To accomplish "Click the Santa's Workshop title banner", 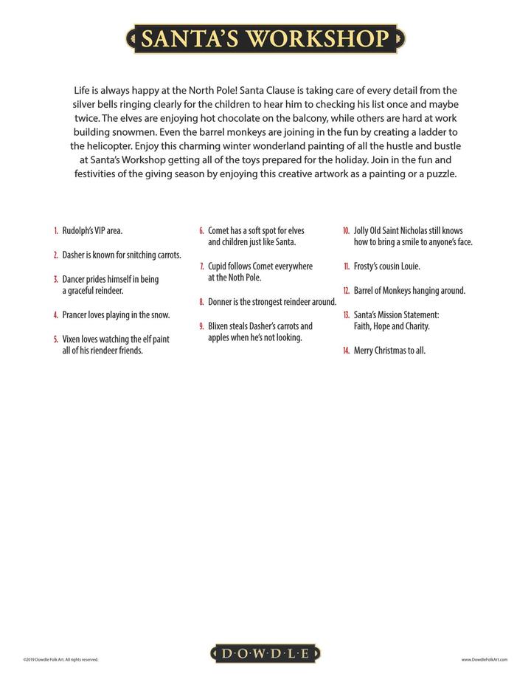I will (x=265, y=38).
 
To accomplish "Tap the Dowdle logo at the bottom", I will (x=265, y=653).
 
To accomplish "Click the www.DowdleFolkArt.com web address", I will (x=485, y=660).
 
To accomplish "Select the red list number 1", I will (x=56, y=231).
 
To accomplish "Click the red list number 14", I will (x=346, y=351).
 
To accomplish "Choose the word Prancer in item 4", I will (x=76, y=315).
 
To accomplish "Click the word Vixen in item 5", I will (x=72, y=339).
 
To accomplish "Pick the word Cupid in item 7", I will (x=218, y=266).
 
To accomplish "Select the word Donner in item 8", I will (x=221, y=302).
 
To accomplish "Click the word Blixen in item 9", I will (x=220, y=326).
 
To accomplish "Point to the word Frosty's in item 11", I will (x=368, y=266).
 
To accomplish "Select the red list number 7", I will (x=202, y=266).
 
